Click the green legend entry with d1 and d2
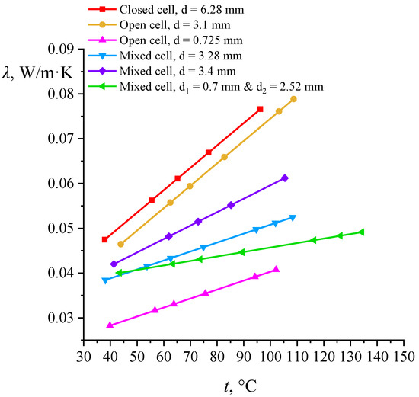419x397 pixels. tap(221, 87)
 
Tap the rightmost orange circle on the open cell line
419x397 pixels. tap(293, 99)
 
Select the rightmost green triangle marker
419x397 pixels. tap(361, 232)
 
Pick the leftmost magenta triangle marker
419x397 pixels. tap(110, 325)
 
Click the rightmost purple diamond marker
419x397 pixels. tap(284, 178)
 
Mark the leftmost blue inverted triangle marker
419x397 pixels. tap(105, 280)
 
